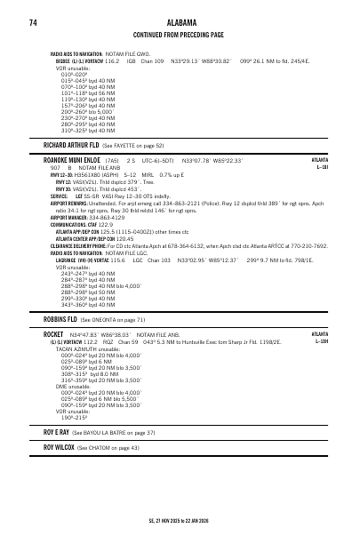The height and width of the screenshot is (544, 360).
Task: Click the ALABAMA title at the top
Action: click(x=179, y=22)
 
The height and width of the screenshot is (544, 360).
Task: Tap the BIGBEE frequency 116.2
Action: click(x=112, y=60)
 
